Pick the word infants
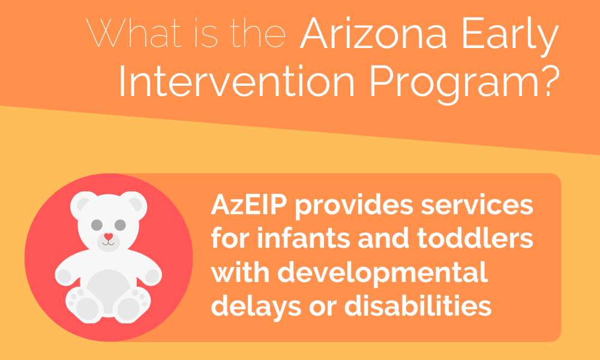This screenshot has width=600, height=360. click(x=300, y=239)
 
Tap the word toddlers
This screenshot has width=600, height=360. click(x=475, y=239)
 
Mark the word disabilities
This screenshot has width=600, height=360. click(x=418, y=305)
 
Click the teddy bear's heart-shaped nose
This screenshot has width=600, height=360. click(x=108, y=236)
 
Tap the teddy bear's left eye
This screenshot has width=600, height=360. click(x=97, y=225)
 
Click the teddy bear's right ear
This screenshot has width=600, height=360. click(x=134, y=204)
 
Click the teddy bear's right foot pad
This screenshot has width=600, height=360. click(x=128, y=309)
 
